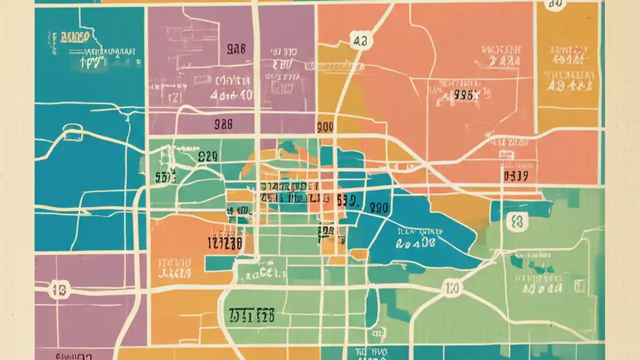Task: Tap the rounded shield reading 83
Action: pyautogui.click(x=517, y=221)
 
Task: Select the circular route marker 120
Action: pyautogui.click(x=452, y=288)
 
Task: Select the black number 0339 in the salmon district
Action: pyautogui.click(x=516, y=176)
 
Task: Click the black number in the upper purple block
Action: pyautogui.click(x=236, y=49)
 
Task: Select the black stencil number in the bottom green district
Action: pyautogui.click(x=251, y=315)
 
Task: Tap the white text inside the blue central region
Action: pyautogui.click(x=418, y=238)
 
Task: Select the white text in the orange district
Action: pyautogui.click(x=175, y=268)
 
